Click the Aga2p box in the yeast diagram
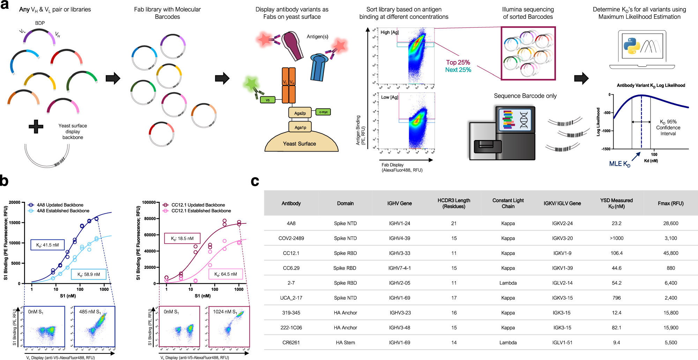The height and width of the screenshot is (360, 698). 300,113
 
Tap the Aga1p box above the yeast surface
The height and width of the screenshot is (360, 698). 300,127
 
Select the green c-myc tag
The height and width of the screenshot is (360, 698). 323,112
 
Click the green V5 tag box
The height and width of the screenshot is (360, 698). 268,100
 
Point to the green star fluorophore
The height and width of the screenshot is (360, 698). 251,84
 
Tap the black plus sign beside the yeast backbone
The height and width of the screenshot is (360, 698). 36,126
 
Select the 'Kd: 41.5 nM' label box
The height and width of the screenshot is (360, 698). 47,245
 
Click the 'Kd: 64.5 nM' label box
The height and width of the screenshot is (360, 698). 225,274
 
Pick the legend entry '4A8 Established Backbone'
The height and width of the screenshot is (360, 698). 63,211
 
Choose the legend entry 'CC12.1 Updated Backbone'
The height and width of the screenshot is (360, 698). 198,205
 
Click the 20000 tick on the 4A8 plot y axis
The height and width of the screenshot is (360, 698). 15,203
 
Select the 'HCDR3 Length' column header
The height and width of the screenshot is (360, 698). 454,203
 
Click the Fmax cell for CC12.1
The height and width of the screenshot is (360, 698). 670,253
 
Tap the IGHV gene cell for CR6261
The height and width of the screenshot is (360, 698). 400,343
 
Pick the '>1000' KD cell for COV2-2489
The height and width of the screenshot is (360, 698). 616,238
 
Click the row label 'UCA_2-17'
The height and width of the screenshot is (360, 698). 291,298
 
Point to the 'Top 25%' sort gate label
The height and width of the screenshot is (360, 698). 458,63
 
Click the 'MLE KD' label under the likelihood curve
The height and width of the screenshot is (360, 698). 619,164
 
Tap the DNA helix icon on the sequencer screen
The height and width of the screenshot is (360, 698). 524,120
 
